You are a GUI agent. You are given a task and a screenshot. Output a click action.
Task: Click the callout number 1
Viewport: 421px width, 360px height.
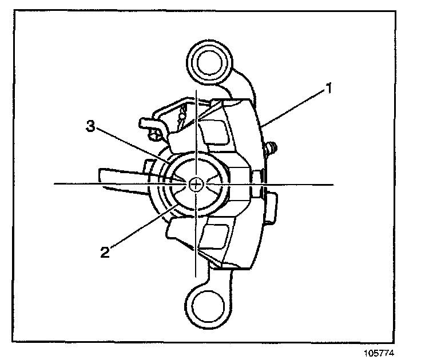[329, 89]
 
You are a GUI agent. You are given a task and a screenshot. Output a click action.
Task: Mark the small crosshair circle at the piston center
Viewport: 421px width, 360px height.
[196, 184]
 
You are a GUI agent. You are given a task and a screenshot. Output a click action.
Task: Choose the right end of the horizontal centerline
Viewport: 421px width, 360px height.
[333, 184]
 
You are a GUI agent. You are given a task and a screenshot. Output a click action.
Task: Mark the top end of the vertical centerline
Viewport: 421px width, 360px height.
[196, 90]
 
